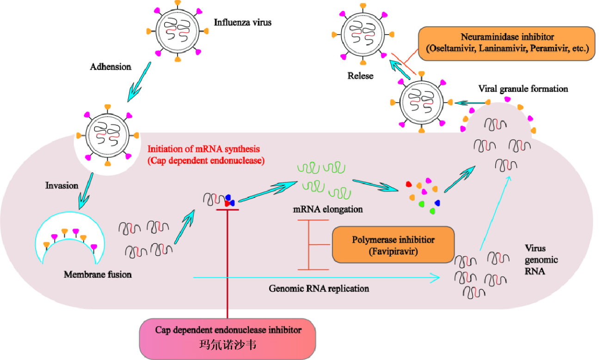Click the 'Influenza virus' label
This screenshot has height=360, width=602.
242,22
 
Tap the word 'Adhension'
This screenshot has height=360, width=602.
110,67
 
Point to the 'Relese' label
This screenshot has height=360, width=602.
360,76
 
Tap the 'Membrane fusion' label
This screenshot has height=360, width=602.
98,275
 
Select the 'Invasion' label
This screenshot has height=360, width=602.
61,186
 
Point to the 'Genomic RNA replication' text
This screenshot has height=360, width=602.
319,289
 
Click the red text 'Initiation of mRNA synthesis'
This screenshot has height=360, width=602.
203,149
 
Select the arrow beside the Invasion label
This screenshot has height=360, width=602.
86,191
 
